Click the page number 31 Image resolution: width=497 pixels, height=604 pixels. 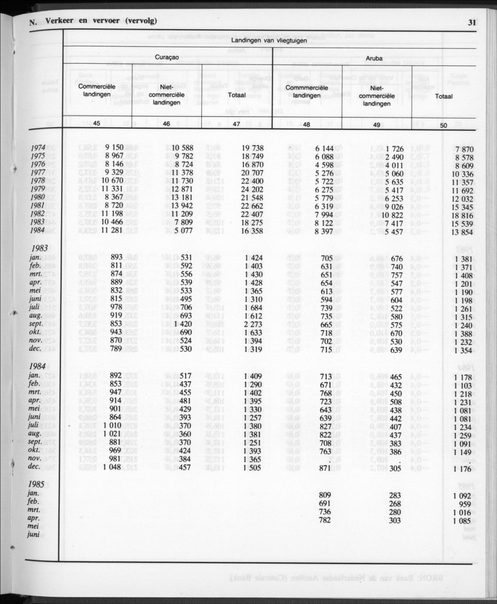473,23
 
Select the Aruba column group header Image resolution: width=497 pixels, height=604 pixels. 374,58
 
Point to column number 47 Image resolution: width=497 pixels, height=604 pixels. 236,124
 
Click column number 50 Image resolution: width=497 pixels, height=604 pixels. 443,125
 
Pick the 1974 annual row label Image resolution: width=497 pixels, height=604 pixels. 38,149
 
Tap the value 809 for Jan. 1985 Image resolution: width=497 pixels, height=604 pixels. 325,495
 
